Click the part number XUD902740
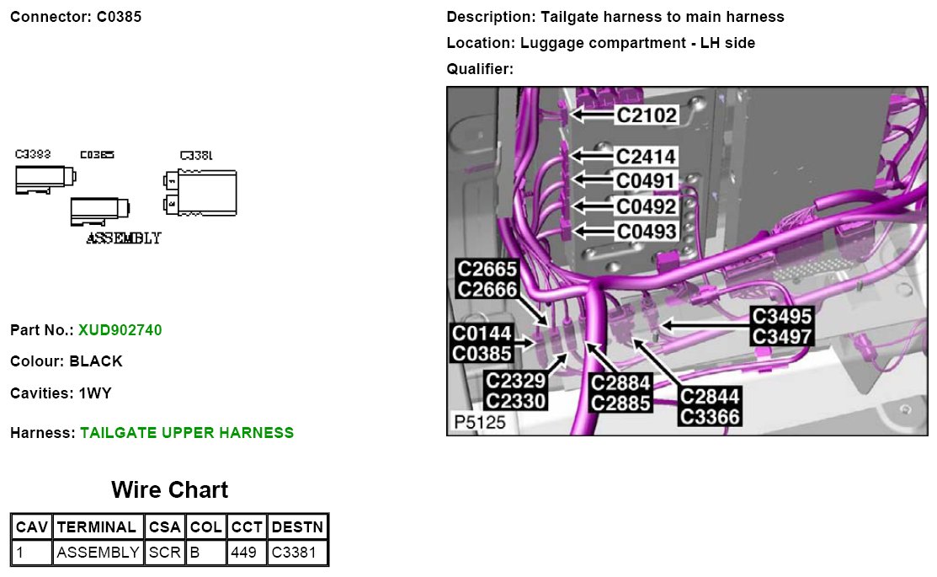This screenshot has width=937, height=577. pos(120,330)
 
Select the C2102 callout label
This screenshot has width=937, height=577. pos(646,115)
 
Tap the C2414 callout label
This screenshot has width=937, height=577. pos(646,157)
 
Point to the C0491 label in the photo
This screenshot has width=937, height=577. pos(646,181)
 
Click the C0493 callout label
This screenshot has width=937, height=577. pos(647,231)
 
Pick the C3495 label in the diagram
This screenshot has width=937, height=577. pos(782,317)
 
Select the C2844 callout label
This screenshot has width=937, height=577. pos(711,397)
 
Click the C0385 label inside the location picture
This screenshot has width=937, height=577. pos(482,355)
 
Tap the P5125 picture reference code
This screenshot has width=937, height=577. pos(480,422)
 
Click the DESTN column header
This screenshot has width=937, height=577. pos(297,527)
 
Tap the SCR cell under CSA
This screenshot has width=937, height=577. pos(165,553)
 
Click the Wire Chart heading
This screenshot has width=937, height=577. pos(169,490)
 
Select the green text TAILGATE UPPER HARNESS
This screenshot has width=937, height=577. pos(187,433)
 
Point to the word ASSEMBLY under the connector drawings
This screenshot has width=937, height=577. pos(124,238)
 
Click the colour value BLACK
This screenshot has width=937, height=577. pos(96,361)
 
